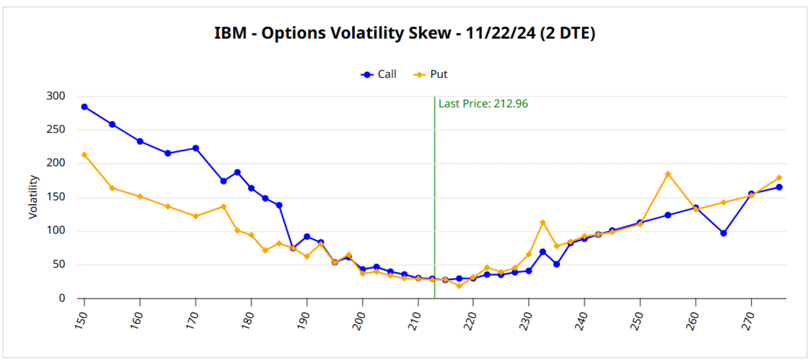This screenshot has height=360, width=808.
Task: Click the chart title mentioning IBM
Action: coord(404,33)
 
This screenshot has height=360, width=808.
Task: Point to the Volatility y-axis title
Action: coord(33,197)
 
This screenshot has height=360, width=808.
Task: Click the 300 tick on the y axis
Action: coord(56,97)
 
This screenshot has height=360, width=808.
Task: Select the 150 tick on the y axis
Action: coord(56,198)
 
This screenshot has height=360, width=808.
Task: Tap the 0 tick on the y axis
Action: coord(62,299)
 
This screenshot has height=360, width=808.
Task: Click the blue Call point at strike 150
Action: coord(84,107)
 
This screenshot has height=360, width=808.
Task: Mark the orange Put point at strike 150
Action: coord(84,154)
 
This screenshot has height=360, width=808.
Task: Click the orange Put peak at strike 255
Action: coord(668,174)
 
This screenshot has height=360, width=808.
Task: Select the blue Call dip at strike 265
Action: coord(724,233)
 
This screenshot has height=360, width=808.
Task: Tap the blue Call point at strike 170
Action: coord(196,148)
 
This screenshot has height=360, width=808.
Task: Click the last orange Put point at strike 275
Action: coord(779,177)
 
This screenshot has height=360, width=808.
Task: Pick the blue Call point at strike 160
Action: coord(140,141)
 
